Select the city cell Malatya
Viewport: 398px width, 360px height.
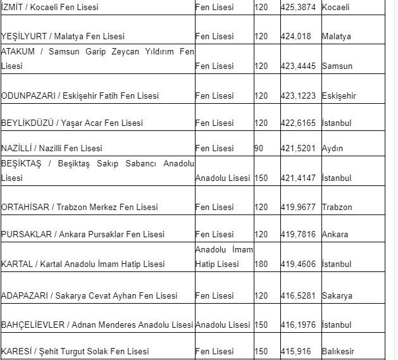[336, 37]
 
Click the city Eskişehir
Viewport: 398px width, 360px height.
[339, 96]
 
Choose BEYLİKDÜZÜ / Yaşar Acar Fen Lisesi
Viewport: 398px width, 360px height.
[72, 123]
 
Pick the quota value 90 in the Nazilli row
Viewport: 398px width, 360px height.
[258, 149]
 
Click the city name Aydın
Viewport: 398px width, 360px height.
[332, 149]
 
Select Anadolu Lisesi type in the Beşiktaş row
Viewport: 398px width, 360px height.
[223, 178]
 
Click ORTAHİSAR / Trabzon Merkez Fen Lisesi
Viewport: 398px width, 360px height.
[80, 208]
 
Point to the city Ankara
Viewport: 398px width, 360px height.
[335, 235]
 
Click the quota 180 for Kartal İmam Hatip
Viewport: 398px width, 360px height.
[261, 264]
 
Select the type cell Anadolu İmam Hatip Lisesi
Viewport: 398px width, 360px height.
[224, 257]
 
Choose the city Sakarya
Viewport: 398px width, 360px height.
[337, 296]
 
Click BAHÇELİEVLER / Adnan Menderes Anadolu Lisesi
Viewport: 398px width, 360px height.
[97, 325]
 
